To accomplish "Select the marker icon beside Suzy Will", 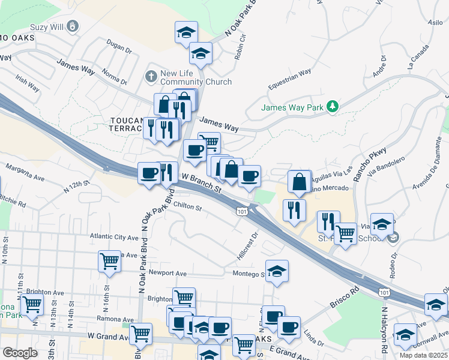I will pyautogui.click(x=73, y=27).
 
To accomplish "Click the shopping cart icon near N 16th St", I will pyautogui.click(x=109, y=261).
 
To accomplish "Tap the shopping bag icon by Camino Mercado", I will pyautogui.click(x=299, y=181).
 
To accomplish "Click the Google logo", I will pyautogui.click(x=20, y=353).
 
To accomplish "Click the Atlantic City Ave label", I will pyautogui.click(x=114, y=237).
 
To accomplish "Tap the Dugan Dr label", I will pyautogui.click(x=118, y=47).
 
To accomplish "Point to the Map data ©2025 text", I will pyautogui.click(x=423, y=355).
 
